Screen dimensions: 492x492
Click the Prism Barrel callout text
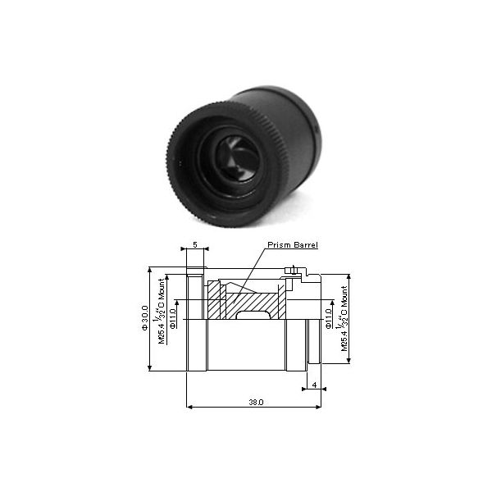(x=291, y=245)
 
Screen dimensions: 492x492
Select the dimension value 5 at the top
(x=194, y=245)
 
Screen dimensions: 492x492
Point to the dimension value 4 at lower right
(x=314, y=384)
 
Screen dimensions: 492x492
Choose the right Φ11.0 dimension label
(x=329, y=316)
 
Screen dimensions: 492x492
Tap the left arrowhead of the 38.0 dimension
(x=189, y=404)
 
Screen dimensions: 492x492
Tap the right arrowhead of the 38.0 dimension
(x=322, y=404)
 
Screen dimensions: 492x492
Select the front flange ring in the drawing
(x=195, y=321)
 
